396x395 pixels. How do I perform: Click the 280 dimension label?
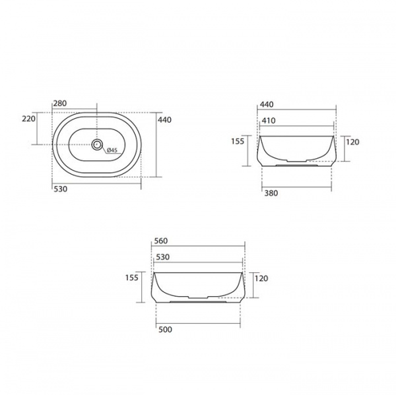(60, 104)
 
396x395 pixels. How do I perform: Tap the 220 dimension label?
(29, 119)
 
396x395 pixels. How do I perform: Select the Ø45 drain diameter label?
(112, 150)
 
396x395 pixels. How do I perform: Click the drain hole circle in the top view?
(97, 144)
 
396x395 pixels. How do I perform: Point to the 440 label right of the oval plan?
(164, 119)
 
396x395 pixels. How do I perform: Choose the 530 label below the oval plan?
(61, 189)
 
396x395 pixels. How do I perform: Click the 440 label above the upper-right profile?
(267, 104)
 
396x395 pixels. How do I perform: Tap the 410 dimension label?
(269, 121)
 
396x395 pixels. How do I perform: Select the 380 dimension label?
(271, 193)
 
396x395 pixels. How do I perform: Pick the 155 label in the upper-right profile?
(238, 141)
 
